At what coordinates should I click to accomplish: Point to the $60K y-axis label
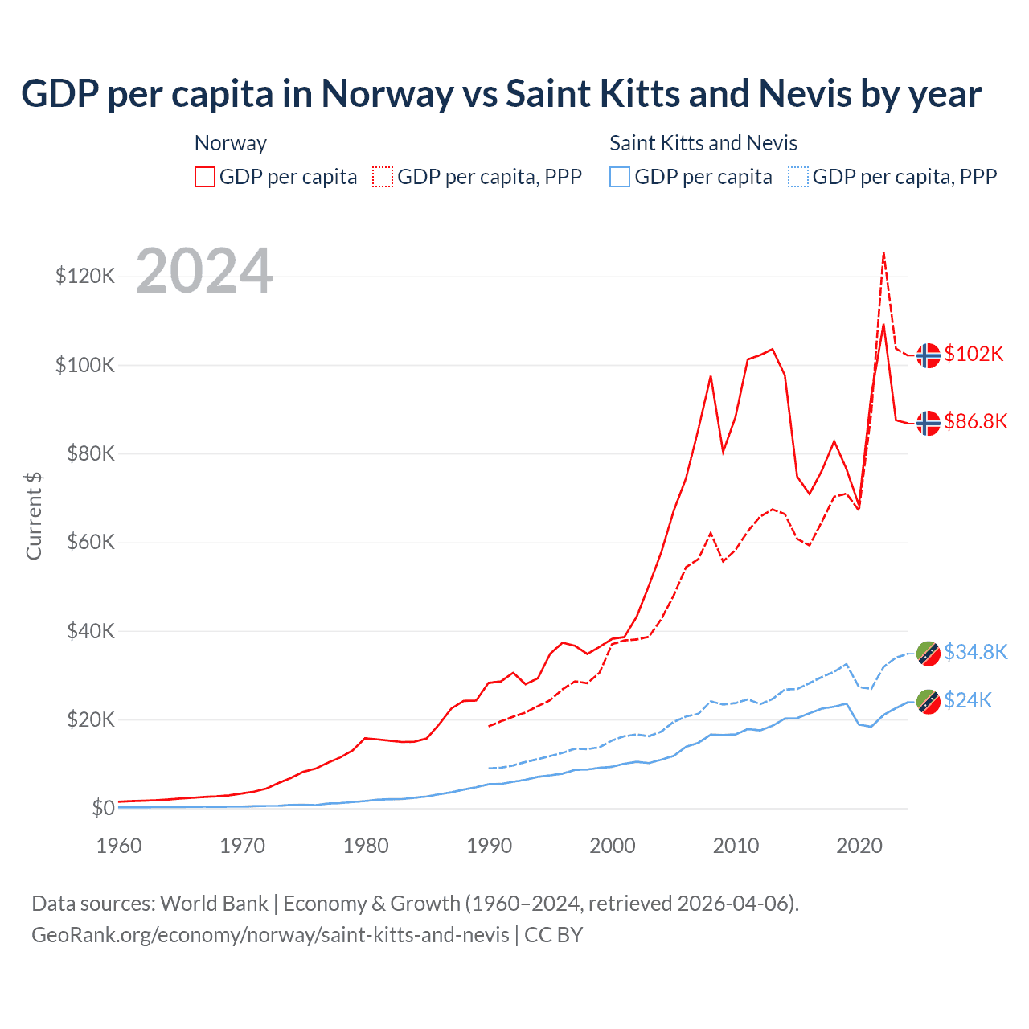coord(85,543)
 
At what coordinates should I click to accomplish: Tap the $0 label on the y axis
coord(103,808)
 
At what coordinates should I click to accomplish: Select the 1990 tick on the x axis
coord(489,846)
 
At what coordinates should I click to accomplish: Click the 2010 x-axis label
coord(736,846)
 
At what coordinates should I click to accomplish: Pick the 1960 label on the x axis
coord(119,846)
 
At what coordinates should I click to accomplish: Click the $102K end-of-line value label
coord(974,354)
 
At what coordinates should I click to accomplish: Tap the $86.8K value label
coord(975,421)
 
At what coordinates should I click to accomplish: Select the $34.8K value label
coord(975,652)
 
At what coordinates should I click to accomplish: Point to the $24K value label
coord(968,701)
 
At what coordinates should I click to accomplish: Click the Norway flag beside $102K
coord(929,355)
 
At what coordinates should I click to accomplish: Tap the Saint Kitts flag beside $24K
coord(929,701)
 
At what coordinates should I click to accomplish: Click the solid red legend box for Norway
coord(205,177)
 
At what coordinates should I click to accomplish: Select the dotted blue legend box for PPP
coord(798,177)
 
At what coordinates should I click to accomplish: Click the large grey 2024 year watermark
coord(204,272)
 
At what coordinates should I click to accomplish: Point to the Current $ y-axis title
coord(34,516)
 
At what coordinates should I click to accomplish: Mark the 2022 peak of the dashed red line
coord(883,252)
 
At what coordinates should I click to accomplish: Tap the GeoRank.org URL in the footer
coord(270,935)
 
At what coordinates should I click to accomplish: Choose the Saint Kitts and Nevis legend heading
coord(703,143)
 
